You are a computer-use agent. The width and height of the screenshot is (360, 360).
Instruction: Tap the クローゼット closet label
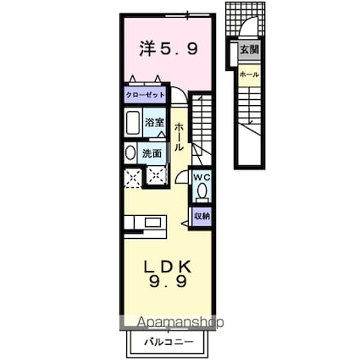pyautogui.click(x=146, y=95)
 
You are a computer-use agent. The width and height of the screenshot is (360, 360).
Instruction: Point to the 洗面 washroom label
pyautogui.click(x=152, y=153)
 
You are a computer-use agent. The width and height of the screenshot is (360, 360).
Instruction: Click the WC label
pyautogui.click(x=202, y=177)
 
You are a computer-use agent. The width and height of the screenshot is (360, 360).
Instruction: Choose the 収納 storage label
pyautogui.click(x=202, y=216)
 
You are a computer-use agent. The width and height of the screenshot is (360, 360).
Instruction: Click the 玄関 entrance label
pyautogui.click(x=248, y=51)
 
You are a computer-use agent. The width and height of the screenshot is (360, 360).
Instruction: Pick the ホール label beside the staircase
pyautogui.click(x=180, y=136)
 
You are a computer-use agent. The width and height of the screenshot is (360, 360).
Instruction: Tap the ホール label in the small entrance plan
pyautogui.click(x=248, y=75)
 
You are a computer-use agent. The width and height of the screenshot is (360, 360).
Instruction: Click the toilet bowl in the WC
pyautogui.click(x=202, y=191)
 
